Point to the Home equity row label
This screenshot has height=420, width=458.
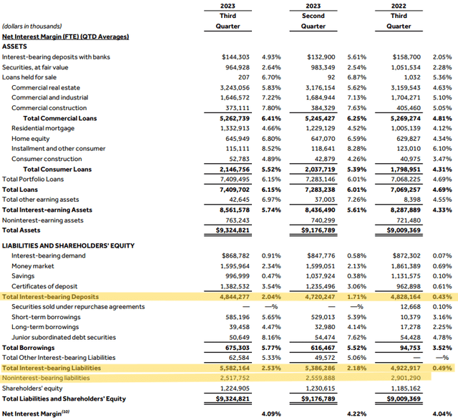tap(30, 138)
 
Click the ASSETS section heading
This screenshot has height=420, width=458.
tap(15, 46)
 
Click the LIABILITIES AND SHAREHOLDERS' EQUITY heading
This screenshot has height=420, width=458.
tap(68, 245)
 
